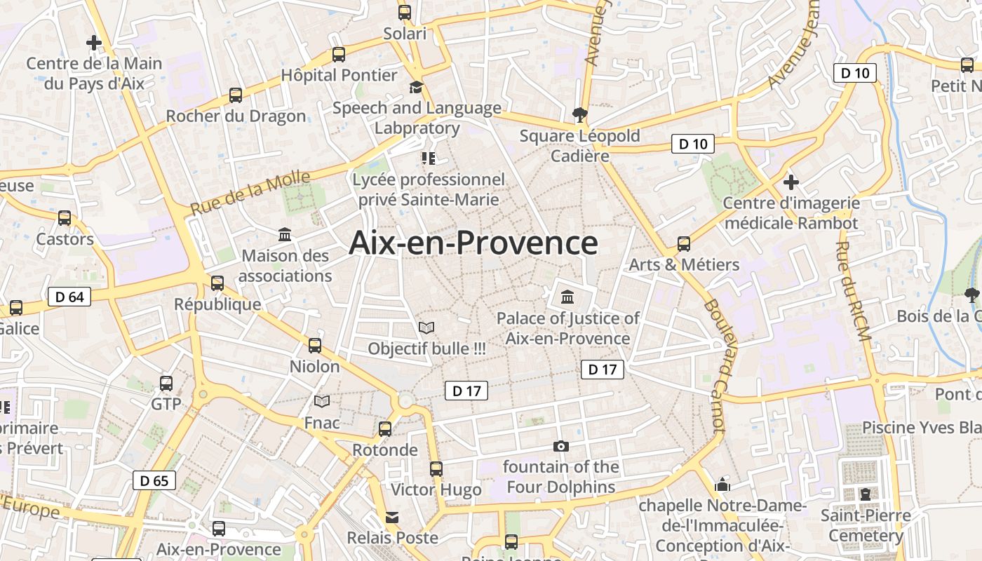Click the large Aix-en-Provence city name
[473, 243]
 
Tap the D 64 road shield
[69, 297]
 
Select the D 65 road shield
[154, 480]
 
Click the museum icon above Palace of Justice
[567, 297]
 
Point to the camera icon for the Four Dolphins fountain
[560, 446]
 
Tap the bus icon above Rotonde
[385, 429]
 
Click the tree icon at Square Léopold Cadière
[579, 114]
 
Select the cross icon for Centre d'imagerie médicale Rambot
[791, 182]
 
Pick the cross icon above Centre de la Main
[93, 43]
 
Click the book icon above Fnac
[322, 401]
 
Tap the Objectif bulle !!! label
[426, 349]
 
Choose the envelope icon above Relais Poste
[392, 518]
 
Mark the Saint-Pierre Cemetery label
[866, 526]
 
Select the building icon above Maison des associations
[285, 234]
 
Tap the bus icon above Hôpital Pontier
[339, 54]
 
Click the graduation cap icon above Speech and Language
[417, 87]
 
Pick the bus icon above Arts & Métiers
[684, 244]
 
